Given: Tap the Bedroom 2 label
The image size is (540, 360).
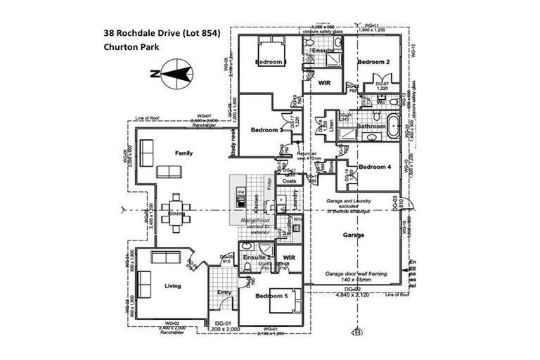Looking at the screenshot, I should [374, 63].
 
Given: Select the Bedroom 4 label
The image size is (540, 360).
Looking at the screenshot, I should [374, 167].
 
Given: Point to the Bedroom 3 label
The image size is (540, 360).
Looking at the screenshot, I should [266, 130].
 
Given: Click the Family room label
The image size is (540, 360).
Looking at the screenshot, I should [184, 153].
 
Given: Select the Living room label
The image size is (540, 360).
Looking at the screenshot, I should [172, 286].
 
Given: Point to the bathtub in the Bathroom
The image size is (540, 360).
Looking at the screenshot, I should [392, 129].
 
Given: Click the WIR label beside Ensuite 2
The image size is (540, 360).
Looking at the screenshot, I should [288, 257].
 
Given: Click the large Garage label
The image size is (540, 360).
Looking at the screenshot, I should [354, 235].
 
